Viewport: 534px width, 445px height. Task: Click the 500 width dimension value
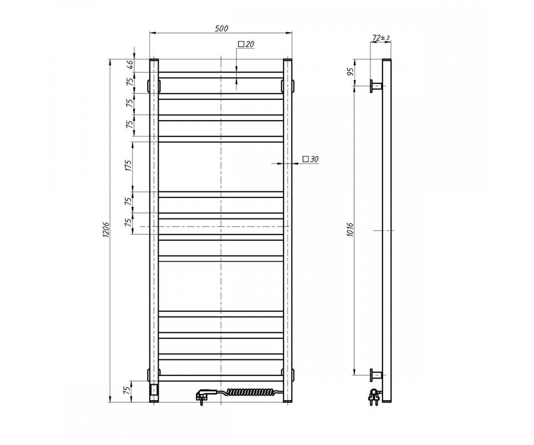221,28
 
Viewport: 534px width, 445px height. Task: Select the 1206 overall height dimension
106,230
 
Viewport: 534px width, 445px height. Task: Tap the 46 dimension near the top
130,65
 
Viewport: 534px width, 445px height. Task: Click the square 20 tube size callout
246,44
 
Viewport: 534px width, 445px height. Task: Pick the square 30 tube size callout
311,159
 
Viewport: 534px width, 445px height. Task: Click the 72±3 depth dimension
380,38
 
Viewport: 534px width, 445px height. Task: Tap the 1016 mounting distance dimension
350,230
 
